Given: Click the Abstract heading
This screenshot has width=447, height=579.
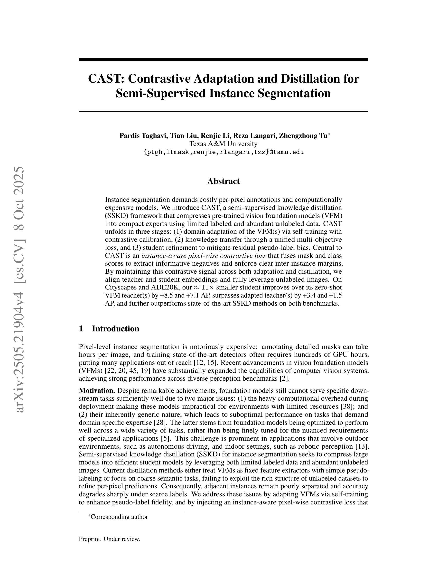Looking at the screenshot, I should click(223, 181).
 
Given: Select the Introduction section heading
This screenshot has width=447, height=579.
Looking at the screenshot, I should click(115, 329).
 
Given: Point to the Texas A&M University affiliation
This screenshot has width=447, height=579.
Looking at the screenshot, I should click(223, 144).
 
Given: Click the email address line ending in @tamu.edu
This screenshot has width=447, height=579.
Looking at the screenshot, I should click(223, 152).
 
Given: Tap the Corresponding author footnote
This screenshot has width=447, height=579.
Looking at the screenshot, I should click(119, 517).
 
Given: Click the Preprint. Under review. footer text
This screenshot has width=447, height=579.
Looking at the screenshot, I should click(109, 539).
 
